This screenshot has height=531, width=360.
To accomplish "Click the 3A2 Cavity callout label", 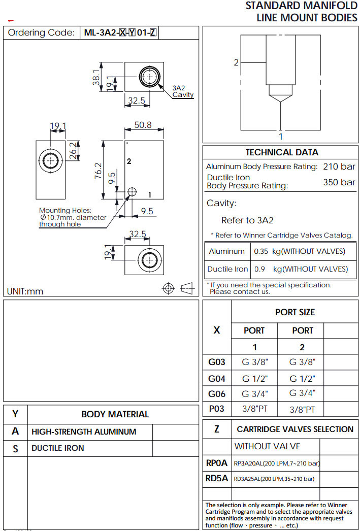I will click(x=182, y=91).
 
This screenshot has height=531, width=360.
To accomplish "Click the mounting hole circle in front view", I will click(x=132, y=191).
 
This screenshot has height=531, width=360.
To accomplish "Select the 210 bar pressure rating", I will click(x=339, y=167).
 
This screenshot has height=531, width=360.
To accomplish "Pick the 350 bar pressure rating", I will click(x=339, y=182).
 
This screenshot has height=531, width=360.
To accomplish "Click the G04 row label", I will click(x=217, y=378).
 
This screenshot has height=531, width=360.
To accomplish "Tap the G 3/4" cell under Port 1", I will click(x=254, y=393).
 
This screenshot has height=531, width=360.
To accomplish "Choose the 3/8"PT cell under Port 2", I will click(x=303, y=409).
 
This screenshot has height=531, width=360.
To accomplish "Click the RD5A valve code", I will click(x=217, y=478).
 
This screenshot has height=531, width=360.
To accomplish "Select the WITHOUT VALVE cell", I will click(x=267, y=446).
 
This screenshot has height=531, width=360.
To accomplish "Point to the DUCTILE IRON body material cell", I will click(x=58, y=448).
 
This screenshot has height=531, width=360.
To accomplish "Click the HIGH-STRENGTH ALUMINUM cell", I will click(x=84, y=432).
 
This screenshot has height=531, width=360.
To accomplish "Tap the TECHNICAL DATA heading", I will click(x=282, y=152).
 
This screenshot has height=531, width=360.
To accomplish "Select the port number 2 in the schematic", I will click(x=236, y=62).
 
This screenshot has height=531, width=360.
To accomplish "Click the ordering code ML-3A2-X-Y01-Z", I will click(x=120, y=33).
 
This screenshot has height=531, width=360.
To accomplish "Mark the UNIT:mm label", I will click(x=25, y=291).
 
